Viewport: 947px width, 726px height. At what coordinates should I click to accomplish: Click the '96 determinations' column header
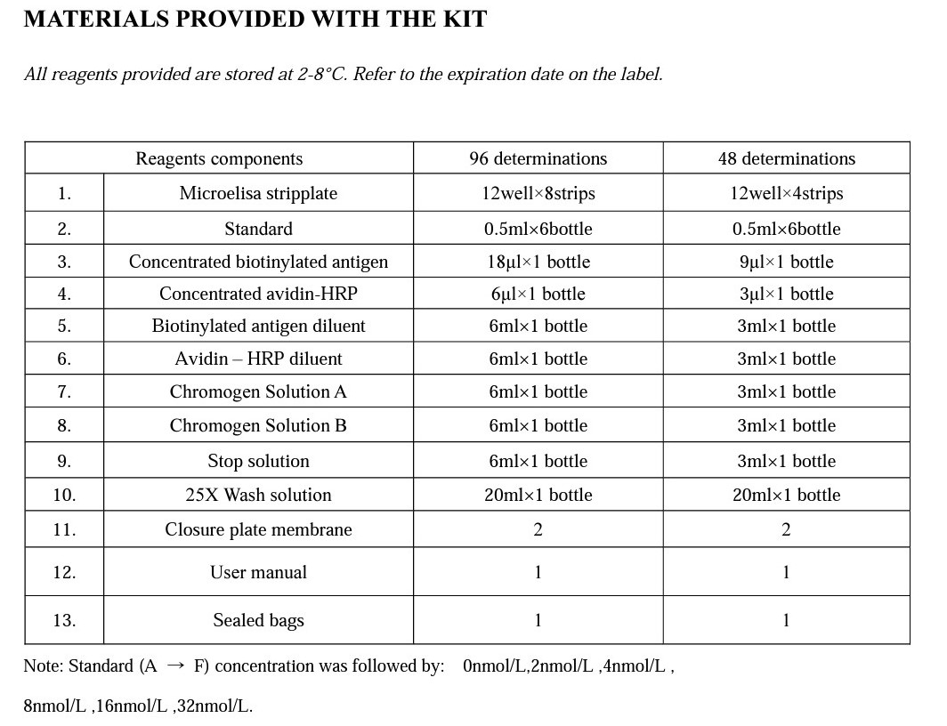[538, 158]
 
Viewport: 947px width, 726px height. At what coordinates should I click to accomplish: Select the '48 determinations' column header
[786, 158]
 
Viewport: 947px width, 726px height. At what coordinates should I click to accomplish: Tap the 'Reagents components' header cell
[219, 158]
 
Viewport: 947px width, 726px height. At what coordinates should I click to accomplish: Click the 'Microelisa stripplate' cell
[258, 193]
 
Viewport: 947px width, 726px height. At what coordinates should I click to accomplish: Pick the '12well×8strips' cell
[538, 193]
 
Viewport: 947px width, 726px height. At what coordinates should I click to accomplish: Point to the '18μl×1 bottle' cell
[538, 262]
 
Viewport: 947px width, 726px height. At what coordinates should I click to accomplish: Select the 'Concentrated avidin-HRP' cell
[258, 294]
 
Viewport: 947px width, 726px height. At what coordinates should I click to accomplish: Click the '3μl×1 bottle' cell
[786, 294]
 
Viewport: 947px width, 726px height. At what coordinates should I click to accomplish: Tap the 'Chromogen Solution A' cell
[258, 391]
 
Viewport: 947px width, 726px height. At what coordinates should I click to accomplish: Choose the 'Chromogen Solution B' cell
[258, 425]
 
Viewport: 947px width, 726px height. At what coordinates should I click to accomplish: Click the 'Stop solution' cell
[258, 461]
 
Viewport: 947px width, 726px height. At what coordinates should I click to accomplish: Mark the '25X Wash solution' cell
[258, 495]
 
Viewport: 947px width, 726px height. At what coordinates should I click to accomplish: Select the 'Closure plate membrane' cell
[258, 529]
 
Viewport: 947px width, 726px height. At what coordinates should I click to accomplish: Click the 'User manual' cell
[258, 572]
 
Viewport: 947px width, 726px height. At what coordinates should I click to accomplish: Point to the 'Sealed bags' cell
[258, 620]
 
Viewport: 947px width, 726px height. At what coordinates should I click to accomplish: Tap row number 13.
[64, 620]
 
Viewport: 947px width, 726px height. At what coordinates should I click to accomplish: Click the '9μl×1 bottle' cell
[786, 262]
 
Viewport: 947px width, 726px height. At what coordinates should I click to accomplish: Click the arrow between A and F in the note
[175, 666]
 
